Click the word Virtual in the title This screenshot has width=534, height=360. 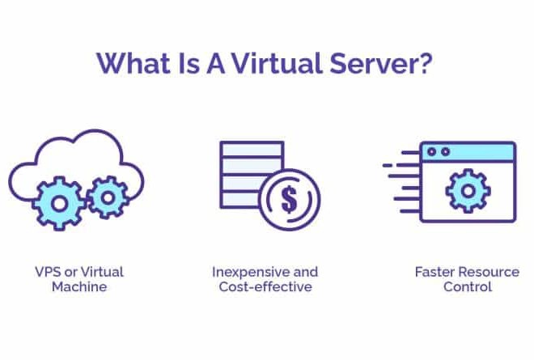[277, 63]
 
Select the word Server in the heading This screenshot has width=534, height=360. [374, 63]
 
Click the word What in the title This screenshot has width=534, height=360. [133, 63]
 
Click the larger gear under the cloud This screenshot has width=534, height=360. [59, 203]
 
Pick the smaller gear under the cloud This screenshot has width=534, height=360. [108, 197]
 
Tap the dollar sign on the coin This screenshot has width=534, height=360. [289, 200]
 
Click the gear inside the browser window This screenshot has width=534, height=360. [468, 191]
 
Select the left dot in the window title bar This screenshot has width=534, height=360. [432, 151]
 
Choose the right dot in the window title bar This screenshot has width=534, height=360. [446, 151]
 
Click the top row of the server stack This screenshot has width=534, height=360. [252, 149]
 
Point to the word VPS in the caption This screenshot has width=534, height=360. [49, 272]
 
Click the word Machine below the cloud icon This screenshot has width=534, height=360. [79, 286]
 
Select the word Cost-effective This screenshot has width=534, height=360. [265, 286]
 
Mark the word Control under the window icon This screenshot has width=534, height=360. [468, 286]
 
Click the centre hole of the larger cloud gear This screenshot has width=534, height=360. [59, 204]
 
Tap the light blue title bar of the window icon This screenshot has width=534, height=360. [468, 152]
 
